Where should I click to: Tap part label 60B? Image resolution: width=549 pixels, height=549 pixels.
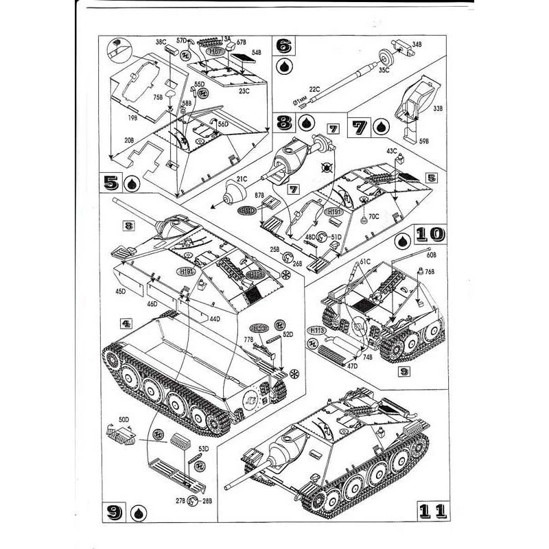coord(430,255)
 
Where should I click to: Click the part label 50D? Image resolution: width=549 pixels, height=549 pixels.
coord(124,418)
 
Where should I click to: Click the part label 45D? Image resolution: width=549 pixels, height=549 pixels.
coord(121,292)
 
